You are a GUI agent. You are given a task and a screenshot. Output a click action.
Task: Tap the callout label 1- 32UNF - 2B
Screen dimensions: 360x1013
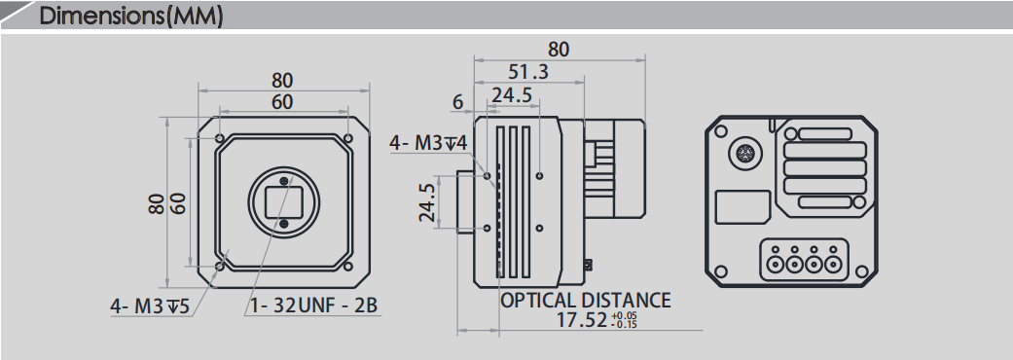[x=313, y=306]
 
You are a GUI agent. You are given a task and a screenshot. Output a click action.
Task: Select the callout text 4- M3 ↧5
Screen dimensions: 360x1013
[x=149, y=306]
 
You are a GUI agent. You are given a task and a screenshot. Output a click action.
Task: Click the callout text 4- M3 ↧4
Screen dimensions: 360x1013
[x=428, y=143]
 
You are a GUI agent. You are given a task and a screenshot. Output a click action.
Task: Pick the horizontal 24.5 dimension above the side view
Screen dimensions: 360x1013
[x=512, y=94]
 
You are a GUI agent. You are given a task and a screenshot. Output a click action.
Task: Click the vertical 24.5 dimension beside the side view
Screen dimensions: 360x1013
[x=427, y=202]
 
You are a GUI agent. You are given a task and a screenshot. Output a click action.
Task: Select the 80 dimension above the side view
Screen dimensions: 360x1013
[x=559, y=50]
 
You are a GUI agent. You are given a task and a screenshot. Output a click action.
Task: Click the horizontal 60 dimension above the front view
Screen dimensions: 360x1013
[x=282, y=102]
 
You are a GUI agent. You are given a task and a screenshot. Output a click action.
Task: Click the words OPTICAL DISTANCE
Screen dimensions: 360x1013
[x=585, y=300]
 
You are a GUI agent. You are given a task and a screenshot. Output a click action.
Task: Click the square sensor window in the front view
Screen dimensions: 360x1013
[x=283, y=202]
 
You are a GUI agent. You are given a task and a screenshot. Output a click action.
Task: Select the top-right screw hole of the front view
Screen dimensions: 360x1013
[x=347, y=137]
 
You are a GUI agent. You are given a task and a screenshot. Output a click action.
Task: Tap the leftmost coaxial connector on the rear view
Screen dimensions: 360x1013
[x=776, y=263]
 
